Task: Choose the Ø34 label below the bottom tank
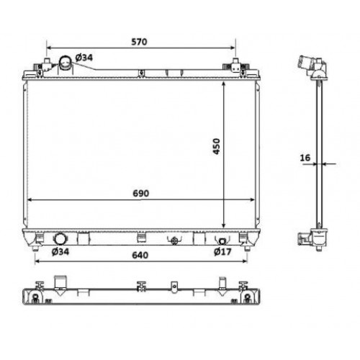coord(60,252)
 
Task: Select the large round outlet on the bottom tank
coord(60,238)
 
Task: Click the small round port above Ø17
coord(222,240)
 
